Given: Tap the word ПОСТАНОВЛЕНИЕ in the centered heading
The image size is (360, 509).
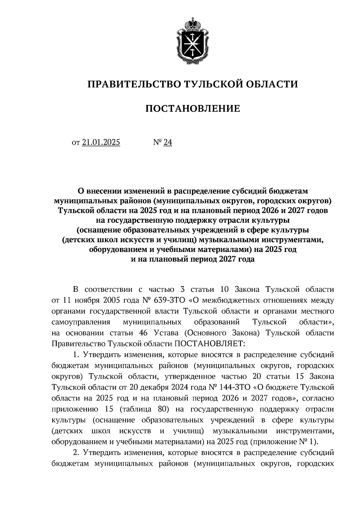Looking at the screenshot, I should [193, 109].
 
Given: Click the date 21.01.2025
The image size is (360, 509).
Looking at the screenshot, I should [101, 142].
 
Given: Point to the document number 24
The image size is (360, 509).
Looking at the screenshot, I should [168, 142].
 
